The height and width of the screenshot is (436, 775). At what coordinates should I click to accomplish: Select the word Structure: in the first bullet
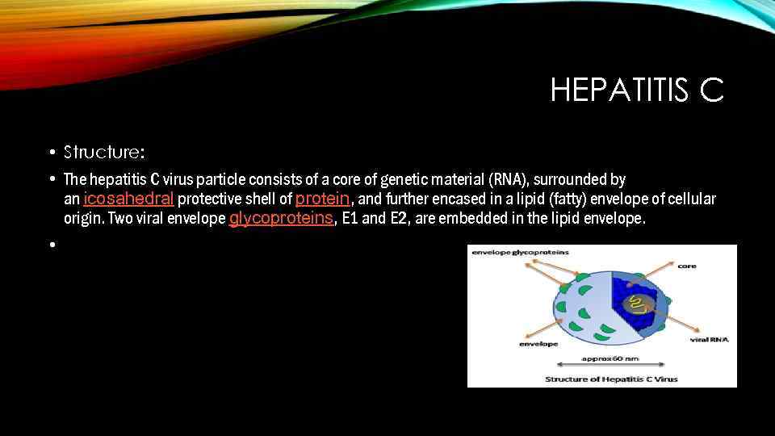point(104,151)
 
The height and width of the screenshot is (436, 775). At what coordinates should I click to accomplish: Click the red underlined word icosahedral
point(129,199)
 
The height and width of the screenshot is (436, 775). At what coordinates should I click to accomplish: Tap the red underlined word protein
point(323,199)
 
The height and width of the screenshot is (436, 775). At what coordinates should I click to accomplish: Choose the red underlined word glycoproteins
point(282,219)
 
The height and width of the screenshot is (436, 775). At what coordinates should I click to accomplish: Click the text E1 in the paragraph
point(351,219)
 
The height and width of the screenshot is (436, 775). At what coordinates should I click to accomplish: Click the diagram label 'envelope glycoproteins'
point(520,253)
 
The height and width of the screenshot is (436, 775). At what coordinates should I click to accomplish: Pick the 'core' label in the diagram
point(687,265)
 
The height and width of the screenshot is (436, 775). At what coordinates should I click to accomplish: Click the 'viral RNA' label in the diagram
point(710,340)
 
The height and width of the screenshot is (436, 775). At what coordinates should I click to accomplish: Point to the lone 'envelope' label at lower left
point(538,344)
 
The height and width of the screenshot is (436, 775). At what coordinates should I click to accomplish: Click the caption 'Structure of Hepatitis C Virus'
point(611,379)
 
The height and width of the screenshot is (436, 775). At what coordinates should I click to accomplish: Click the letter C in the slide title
point(711,90)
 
